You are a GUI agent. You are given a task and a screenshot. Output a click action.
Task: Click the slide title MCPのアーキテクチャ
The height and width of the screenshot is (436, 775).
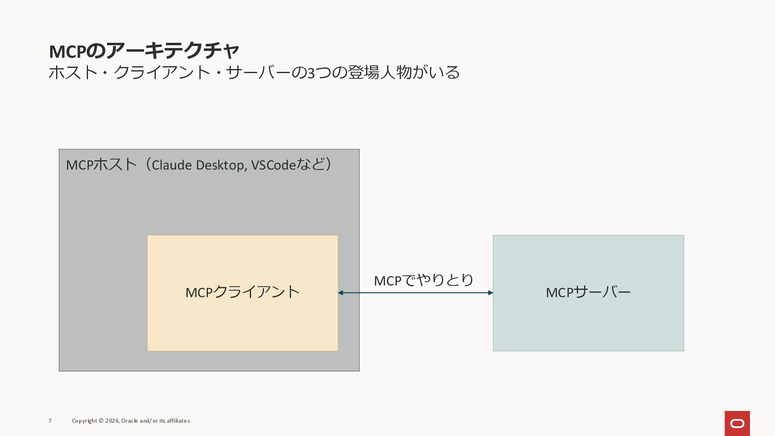point(144,51)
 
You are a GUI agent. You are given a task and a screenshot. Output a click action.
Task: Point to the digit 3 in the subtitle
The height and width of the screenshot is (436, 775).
point(311,73)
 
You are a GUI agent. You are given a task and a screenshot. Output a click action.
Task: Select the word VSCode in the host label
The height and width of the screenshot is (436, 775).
point(273,165)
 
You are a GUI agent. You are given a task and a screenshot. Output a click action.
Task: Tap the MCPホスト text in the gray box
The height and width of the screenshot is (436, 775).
point(101,165)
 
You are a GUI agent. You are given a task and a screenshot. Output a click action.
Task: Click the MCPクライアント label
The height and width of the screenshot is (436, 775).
point(243,292)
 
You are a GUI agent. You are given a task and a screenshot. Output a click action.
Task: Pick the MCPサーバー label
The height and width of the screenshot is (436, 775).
point(588,292)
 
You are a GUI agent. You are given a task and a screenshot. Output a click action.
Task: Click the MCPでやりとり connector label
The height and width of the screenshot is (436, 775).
point(423,280)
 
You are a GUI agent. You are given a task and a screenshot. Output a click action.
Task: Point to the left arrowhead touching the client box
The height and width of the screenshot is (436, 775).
point(341,293)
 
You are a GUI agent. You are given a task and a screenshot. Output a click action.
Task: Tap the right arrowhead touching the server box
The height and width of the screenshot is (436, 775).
point(490,293)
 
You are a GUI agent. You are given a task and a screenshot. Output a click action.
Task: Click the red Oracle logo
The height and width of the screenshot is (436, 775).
point(737,423)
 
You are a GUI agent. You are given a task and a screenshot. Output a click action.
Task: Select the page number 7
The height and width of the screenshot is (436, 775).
point(50,421)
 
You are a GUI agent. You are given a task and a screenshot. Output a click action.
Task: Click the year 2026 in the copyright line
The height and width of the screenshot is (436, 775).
point(112,421)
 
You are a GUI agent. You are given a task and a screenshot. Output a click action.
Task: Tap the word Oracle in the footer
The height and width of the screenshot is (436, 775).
point(129,421)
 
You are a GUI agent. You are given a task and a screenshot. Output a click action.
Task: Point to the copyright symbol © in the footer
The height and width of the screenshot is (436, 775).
point(101,421)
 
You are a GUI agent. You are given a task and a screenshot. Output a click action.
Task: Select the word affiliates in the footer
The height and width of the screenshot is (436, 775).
point(178,421)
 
